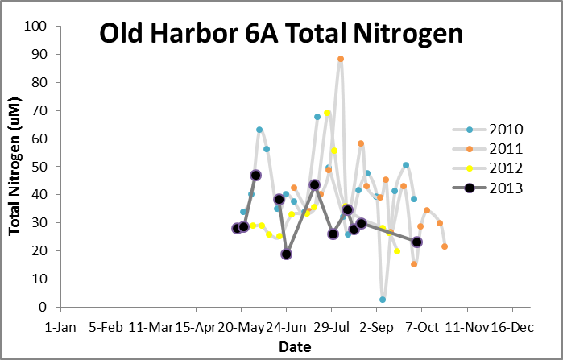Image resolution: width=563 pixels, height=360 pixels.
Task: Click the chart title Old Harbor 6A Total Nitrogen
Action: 280,34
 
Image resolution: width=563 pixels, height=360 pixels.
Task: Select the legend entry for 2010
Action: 507,130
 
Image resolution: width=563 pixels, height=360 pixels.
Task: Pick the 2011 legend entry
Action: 507,149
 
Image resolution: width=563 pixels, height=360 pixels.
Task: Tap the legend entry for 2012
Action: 507,168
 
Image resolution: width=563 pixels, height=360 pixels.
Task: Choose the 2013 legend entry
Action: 507,188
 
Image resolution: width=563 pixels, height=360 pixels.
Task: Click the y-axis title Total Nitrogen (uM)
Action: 14,167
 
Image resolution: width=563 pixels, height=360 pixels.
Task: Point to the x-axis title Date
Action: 290,346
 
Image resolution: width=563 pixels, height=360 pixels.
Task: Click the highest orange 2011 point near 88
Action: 341,59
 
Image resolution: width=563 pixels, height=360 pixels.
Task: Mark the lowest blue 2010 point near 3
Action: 383,300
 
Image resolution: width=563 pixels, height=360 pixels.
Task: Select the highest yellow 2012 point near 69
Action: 327,114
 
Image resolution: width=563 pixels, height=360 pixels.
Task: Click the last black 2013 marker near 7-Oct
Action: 417,242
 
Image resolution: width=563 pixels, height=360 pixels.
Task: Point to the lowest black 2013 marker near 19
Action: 286,254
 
